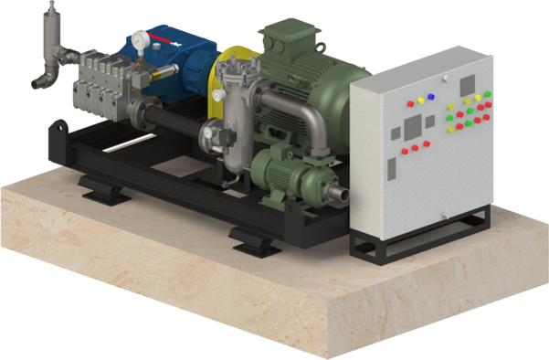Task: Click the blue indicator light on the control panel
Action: click(x=430, y=95)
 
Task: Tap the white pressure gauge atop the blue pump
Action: click(x=140, y=40)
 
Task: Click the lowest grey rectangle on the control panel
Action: click(x=391, y=170)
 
